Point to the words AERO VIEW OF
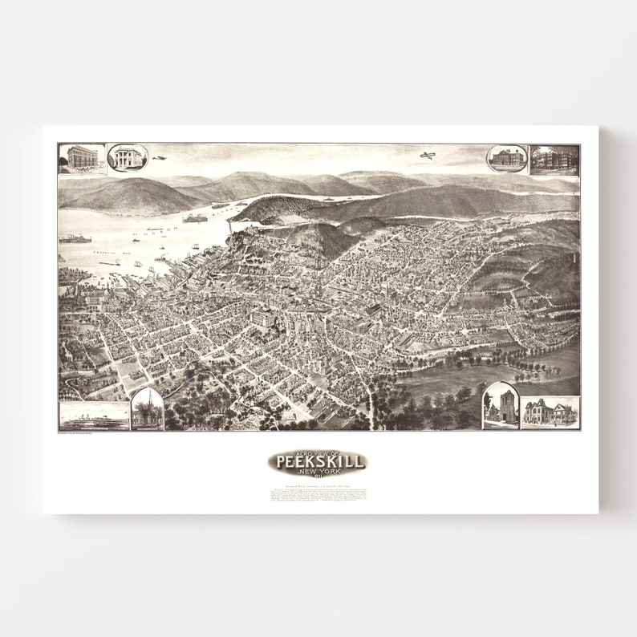[318, 452]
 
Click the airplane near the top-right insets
[427, 155]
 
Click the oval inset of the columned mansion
[127, 158]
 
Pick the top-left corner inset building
[82, 158]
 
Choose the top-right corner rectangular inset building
[554, 159]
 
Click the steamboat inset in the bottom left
[94, 416]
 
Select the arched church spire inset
[147, 409]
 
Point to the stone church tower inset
[501, 407]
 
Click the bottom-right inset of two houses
[550, 412]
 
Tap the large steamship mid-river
[195, 217]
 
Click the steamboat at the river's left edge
[74, 238]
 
